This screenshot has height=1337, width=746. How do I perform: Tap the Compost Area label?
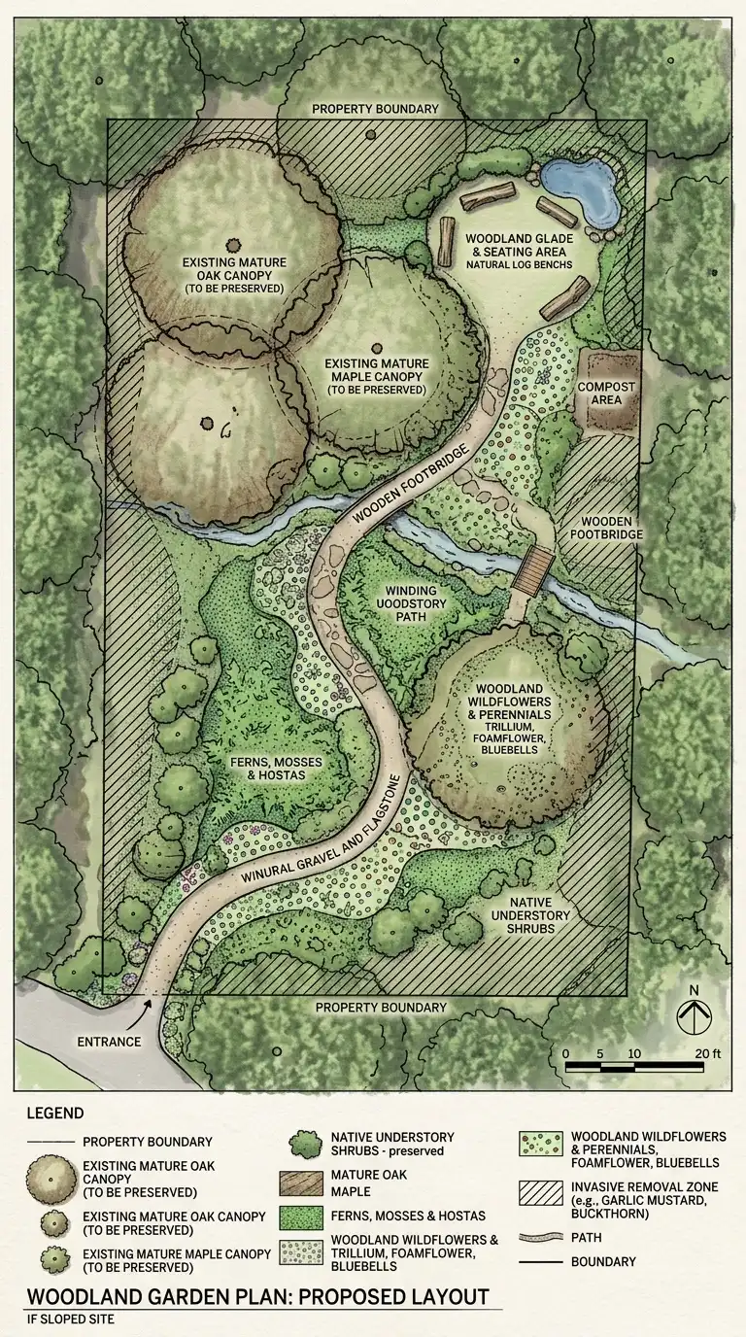[x=606, y=394]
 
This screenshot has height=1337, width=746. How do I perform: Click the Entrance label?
[x=108, y=1042]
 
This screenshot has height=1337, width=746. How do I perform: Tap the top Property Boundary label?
[x=375, y=109]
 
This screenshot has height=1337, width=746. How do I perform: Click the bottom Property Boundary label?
[x=381, y=1008]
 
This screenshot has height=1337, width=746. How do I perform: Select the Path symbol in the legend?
[x=539, y=1238]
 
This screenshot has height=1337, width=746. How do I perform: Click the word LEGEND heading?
[x=54, y=1113]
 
